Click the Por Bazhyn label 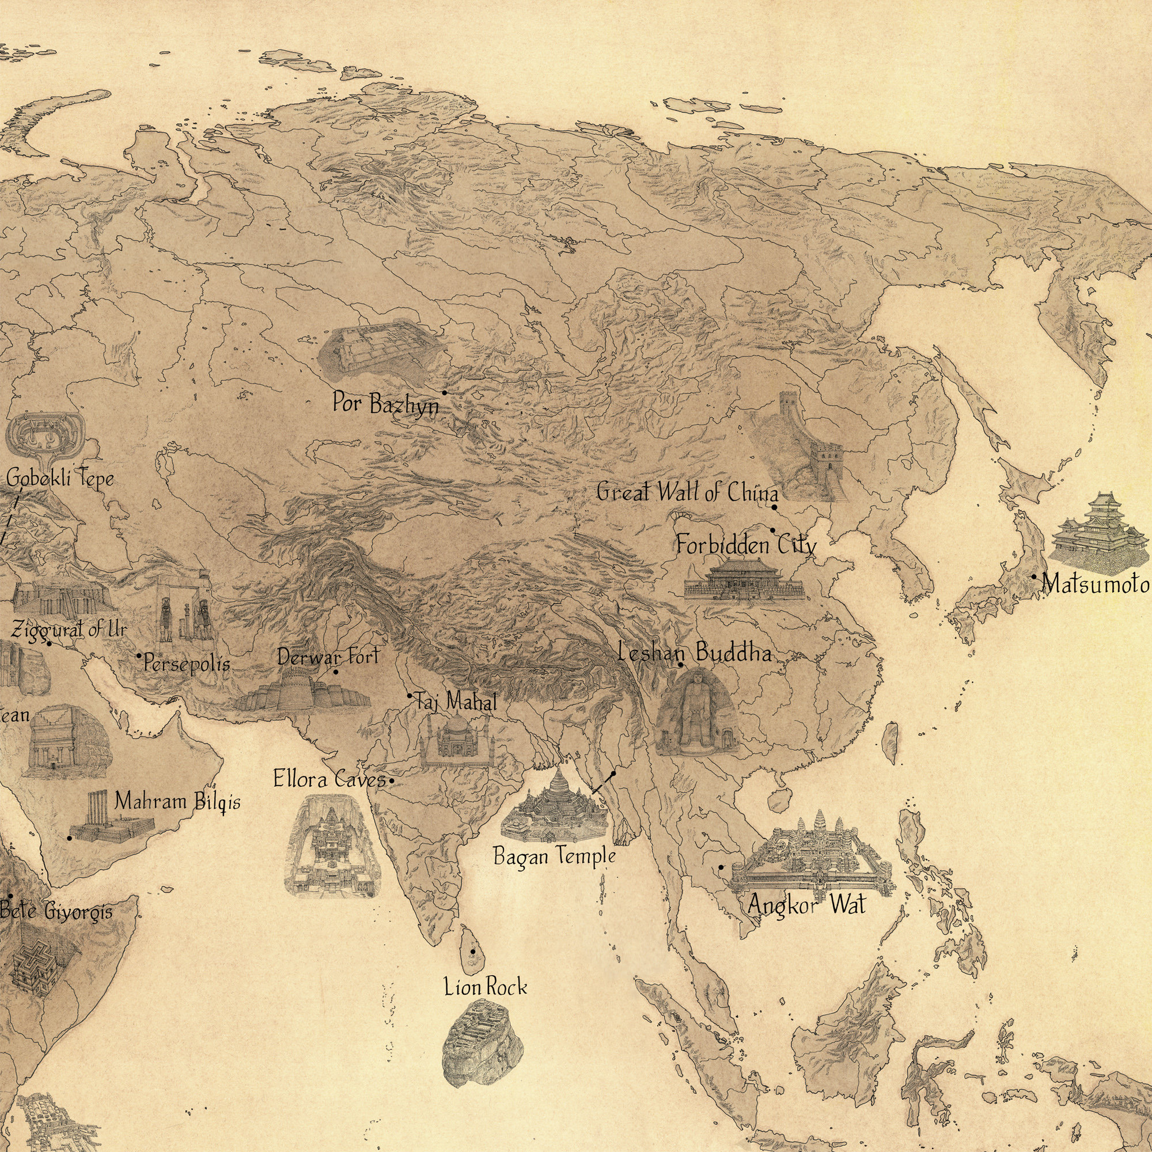coord(385,403)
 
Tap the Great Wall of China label coord(687,493)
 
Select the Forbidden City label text coord(745,545)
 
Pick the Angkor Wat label coord(806,904)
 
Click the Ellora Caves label coord(329,779)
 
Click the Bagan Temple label coord(554,857)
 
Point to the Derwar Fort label coord(328,657)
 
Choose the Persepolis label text coord(187,663)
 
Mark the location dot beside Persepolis coord(139,655)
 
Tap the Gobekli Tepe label coord(60,478)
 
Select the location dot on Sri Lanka coord(473,951)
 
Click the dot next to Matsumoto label coord(1034,577)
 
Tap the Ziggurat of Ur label coord(69,628)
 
